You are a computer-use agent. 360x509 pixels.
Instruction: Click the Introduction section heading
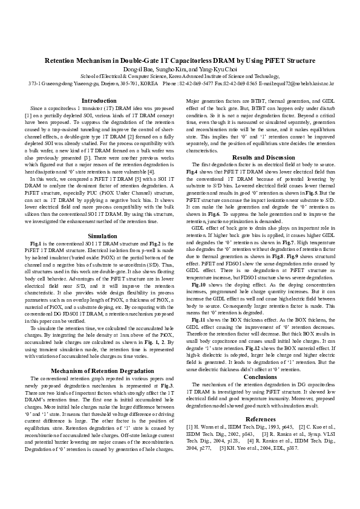pos(99,100)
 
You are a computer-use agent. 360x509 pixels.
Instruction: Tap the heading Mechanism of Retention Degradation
pos(99,370)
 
